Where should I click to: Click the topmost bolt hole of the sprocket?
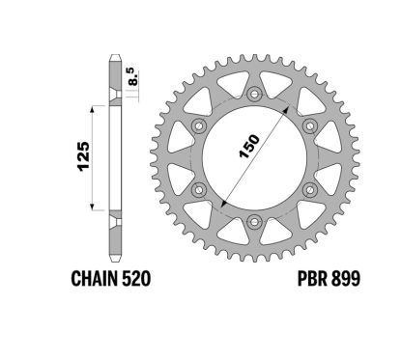click(254, 95)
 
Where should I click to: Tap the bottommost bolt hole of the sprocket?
click(254, 222)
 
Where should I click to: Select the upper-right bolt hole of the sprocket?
click(309, 126)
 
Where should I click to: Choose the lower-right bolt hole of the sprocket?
click(309, 190)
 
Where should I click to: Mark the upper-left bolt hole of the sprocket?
click(199, 126)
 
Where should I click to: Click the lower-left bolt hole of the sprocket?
click(199, 190)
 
